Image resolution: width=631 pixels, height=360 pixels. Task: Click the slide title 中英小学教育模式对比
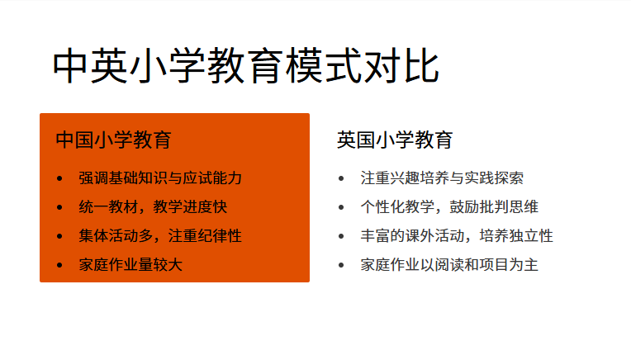246,67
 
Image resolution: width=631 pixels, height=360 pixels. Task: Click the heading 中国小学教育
113,140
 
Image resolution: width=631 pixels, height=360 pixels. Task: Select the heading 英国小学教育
394,140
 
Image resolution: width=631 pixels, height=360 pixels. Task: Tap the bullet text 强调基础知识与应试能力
160,178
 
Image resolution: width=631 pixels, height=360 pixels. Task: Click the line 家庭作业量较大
130,265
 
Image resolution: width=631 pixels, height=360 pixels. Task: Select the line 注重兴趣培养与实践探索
442,178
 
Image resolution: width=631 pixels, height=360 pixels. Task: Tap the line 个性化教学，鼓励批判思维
449,207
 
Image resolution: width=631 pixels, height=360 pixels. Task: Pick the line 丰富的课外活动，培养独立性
457,236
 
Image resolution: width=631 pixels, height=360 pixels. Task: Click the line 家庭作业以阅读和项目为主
449,265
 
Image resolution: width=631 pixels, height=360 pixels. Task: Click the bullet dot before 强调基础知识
59,179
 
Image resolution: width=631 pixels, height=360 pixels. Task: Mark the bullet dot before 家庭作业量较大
59,266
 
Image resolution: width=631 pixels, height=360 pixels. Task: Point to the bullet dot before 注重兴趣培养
340,179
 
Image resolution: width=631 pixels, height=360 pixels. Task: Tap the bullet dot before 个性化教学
340,208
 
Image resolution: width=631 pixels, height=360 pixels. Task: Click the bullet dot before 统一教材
59,208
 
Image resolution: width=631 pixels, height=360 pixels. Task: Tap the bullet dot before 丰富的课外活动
340,237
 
